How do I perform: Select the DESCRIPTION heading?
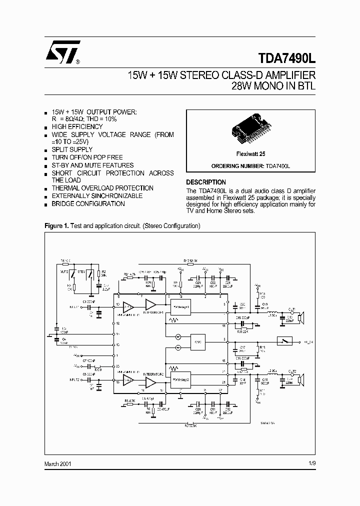206,182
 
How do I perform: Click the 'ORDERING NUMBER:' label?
234,165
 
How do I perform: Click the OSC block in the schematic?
197,342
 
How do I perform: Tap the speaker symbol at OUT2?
300,381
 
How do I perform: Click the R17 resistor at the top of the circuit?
190,261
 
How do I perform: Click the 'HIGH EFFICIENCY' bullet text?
77,127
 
